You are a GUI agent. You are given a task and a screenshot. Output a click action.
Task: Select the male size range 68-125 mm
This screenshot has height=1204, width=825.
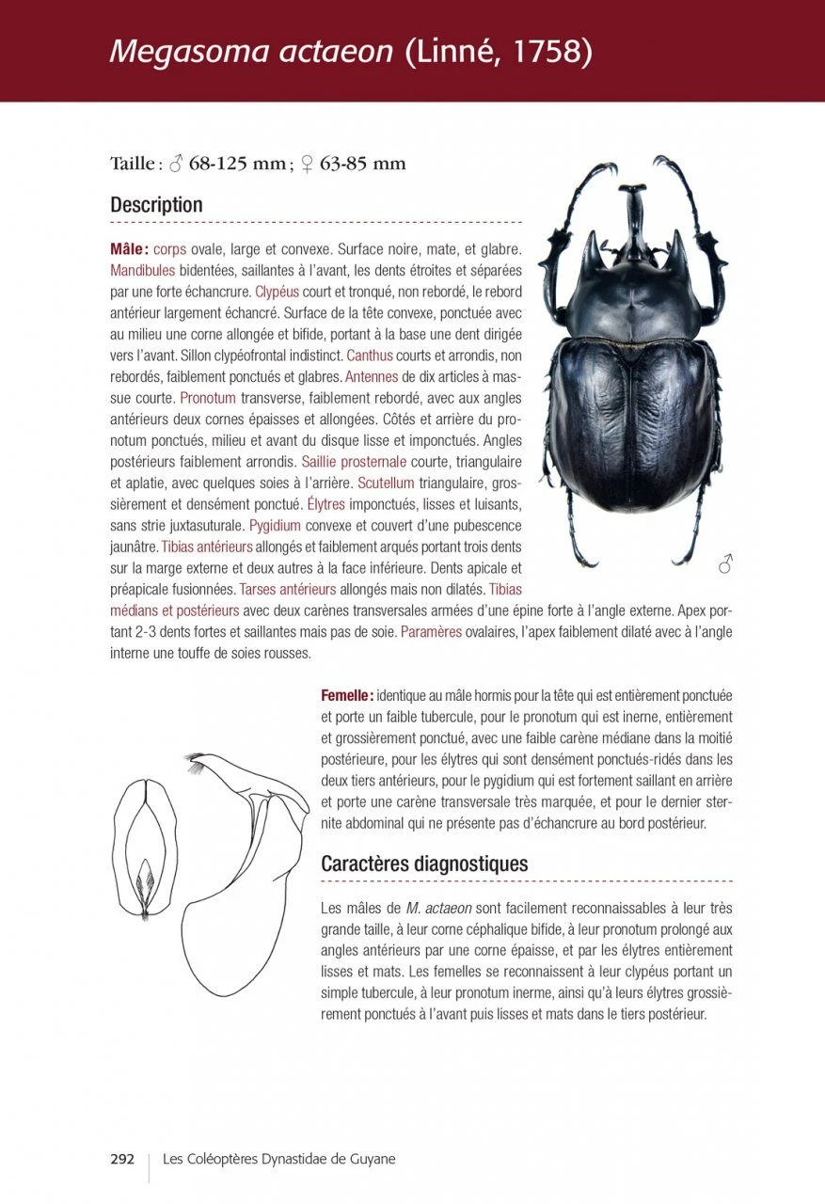[x=237, y=164]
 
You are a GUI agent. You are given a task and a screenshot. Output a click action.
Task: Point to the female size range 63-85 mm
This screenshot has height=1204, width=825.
[x=363, y=164]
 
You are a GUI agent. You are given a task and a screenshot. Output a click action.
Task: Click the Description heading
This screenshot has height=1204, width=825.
[x=156, y=205]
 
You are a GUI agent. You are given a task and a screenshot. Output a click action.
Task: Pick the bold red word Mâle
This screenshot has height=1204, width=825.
[x=129, y=250]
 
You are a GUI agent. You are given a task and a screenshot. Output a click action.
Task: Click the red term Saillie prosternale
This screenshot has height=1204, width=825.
[x=354, y=462]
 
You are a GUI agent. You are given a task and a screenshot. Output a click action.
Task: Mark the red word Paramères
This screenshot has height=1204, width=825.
[x=431, y=631]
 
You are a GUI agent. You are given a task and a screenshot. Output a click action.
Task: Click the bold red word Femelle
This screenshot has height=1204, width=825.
[x=347, y=695]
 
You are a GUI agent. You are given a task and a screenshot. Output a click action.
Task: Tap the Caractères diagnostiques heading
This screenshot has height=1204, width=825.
[x=424, y=863]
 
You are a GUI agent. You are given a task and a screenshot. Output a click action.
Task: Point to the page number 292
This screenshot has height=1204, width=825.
[x=122, y=1159]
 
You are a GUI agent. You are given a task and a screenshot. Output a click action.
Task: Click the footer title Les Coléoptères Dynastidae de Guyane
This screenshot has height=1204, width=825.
[x=279, y=1159]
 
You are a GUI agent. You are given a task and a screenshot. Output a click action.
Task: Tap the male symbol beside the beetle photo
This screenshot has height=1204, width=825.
[x=725, y=564]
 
